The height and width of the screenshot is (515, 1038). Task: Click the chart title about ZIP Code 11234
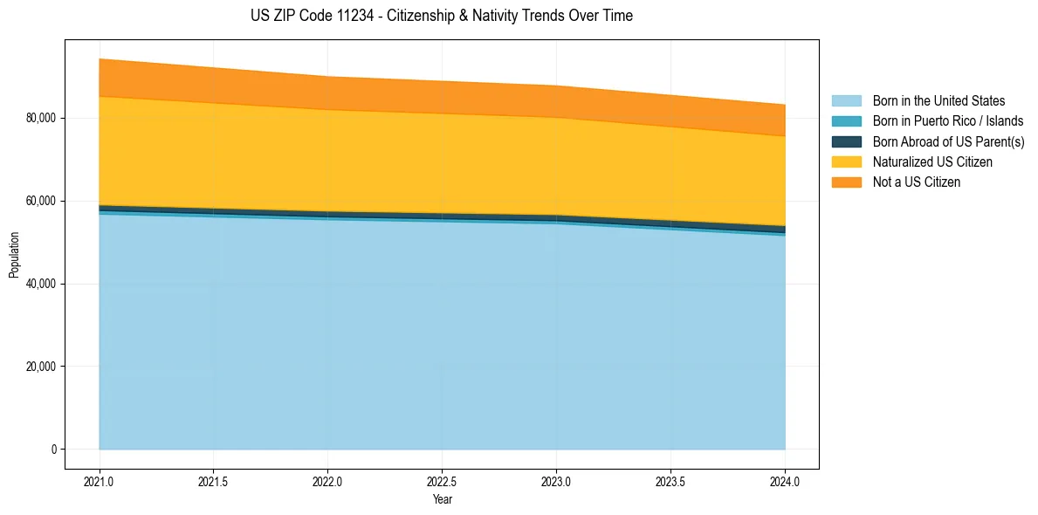pyautogui.click(x=442, y=16)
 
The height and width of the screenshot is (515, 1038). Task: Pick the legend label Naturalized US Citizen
pyautogui.click(x=932, y=162)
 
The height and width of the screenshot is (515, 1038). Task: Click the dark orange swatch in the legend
pyautogui.click(x=846, y=182)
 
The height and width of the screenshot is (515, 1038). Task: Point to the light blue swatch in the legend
pyautogui.click(x=846, y=101)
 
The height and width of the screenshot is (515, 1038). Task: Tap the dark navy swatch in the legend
pyautogui.click(x=846, y=141)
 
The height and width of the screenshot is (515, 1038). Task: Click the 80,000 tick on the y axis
pyautogui.click(x=41, y=118)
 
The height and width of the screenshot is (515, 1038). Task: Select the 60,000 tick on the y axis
pyautogui.click(x=41, y=201)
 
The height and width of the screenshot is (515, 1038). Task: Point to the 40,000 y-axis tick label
pyautogui.click(x=41, y=284)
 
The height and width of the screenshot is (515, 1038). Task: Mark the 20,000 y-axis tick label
pyautogui.click(x=41, y=367)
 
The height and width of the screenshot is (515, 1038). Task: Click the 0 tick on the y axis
pyautogui.click(x=53, y=450)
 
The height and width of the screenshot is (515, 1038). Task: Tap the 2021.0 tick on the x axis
pyautogui.click(x=100, y=481)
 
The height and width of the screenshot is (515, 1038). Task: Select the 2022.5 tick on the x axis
pyautogui.click(x=442, y=481)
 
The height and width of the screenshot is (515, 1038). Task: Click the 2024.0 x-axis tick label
pyautogui.click(x=785, y=481)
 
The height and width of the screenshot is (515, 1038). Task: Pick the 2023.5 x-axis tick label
pyautogui.click(x=670, y=481)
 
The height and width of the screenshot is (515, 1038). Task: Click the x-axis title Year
pyautogui.click(x=442, y=499)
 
